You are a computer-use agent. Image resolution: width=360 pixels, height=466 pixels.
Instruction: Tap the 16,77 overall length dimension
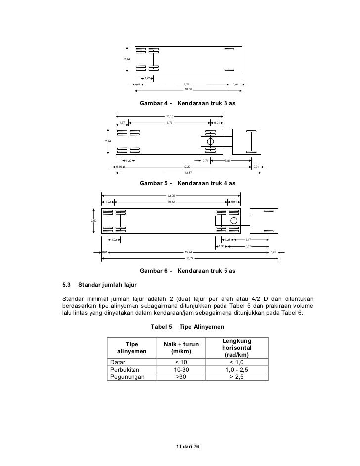click(x=189, y=258)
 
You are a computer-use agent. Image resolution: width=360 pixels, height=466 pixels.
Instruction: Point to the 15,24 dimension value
click(x=189, y=252)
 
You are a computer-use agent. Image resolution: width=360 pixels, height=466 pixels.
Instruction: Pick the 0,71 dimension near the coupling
click(x=206, y=161)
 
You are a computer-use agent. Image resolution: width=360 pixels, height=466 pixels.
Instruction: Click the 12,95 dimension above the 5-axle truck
click(x=171, y=196)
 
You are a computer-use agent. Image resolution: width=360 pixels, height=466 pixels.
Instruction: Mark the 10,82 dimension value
click(x=171, y=202)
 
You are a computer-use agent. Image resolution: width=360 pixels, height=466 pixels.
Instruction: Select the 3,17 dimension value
click(x=248, y=240)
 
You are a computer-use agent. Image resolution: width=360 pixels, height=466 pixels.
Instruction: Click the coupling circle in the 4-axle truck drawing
click(x=210, y=142)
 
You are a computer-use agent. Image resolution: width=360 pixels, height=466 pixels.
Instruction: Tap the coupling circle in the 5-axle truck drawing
click(x=234, y=220)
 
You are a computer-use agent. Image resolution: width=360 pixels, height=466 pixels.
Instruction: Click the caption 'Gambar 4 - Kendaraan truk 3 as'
click(x=187, y=104)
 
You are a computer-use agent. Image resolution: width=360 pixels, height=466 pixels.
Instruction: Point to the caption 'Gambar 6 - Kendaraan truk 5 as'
click(x=187, y=271)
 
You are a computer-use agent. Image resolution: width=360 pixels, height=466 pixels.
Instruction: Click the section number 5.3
click(x=67, y=286)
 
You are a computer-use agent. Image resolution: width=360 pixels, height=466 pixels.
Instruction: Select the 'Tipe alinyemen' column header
click(x=132, y=348)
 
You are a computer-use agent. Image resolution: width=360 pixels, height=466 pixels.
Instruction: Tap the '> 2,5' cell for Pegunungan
click(x=237, y=377)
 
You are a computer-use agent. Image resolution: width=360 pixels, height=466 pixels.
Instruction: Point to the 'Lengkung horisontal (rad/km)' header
click(x=237, y=348)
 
